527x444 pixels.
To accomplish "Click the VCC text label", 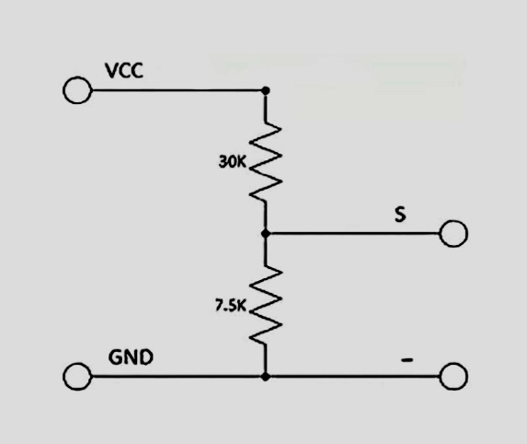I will (x=124, y=71).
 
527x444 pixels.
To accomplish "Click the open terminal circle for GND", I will (x=76, y=376).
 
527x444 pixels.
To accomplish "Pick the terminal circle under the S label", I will (x=453, y=233).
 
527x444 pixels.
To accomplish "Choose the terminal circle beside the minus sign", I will (x=453, y=376).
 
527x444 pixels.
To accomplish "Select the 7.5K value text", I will (x=231, y=307).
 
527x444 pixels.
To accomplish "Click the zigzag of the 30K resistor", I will (x=266, y=162).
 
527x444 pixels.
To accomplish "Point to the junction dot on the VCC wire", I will (x=266, y=90).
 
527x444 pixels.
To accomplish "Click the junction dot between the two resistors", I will (x=266, y=233).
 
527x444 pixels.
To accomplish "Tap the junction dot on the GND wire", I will (x=266, y=376).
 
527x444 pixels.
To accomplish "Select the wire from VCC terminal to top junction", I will (x=175, y=90).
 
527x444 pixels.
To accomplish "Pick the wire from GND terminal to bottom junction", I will (x=175, y=376).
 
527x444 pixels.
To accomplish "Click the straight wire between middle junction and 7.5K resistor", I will (x=266, y=251).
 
